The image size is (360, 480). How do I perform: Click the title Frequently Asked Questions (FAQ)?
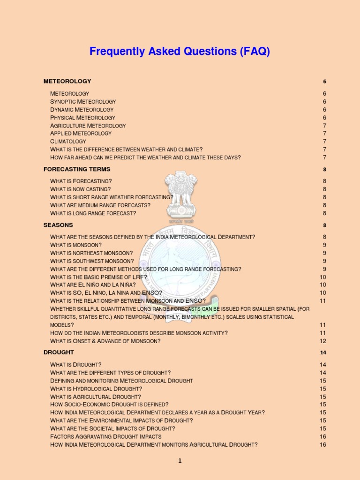[180, 52]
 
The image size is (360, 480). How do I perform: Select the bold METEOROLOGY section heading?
[67, 81]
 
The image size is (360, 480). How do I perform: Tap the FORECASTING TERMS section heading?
[77, 169]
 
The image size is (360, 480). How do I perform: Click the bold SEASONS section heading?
[58, 225]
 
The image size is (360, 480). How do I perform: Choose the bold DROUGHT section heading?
[59, 352]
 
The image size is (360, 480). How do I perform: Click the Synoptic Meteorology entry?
[83, 102]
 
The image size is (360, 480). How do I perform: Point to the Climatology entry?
[68, 142]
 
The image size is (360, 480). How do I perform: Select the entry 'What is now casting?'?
[81, 189]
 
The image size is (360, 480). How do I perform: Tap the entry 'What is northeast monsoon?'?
[91, 253]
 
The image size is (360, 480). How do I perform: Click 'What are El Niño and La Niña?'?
[93, 285]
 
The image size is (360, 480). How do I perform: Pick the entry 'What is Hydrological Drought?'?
[96, 389]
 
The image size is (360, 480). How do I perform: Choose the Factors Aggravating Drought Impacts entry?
[105, 437]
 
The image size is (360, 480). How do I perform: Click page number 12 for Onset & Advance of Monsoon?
[323, 341]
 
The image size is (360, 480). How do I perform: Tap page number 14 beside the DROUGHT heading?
[323, 352]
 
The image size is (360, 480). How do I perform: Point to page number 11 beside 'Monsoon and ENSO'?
[323, 301]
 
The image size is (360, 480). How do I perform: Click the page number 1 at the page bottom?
[180, 461]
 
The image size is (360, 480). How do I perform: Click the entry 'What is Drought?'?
[76, 365]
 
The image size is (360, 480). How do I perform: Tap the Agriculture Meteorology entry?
[88, 126]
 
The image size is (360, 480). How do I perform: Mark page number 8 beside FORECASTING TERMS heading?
[324, 170]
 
